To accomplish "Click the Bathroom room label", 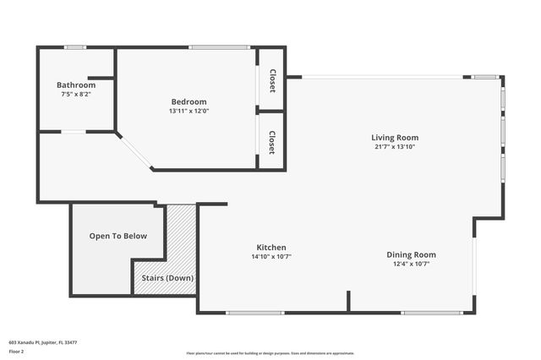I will pos(76,85).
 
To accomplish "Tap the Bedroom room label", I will pos(189,102).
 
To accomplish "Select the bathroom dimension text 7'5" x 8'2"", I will pos(76,95).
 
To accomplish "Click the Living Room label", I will pos(395,138).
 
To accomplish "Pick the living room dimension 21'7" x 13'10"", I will pos(395,147).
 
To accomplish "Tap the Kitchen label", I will pos(271,248).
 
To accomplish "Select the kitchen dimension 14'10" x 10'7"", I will pos(271,257).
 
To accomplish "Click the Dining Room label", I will pos(412,254).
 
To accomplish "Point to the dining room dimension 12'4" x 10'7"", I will pos(412,264).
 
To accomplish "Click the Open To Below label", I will pos(118,236).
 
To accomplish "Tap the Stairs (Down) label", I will pos(167,278).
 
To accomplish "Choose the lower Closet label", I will pos(272,141).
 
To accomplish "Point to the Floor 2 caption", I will pos(17,352).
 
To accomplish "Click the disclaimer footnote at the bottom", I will pos(270,353).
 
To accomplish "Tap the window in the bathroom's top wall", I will pos(75,47).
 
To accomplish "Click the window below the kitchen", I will pos(254,313).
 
